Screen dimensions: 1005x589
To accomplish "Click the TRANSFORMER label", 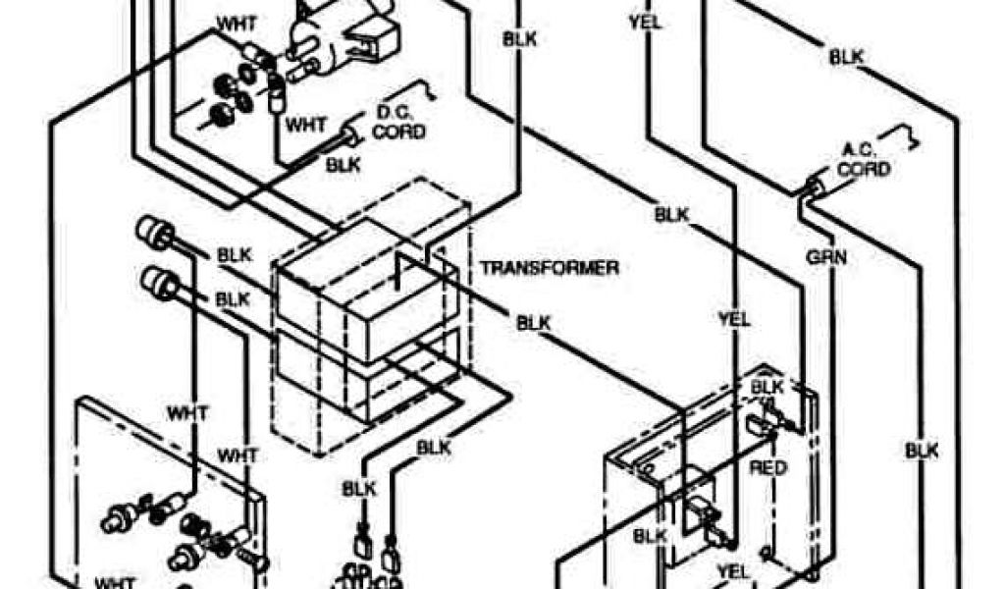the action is (x=549, y=267).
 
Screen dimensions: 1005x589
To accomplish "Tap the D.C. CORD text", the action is (x=397, y=123).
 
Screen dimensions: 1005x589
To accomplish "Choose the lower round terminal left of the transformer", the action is (x=157, y=282).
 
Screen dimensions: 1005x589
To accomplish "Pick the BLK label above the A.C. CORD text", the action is (x=846, y=57).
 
